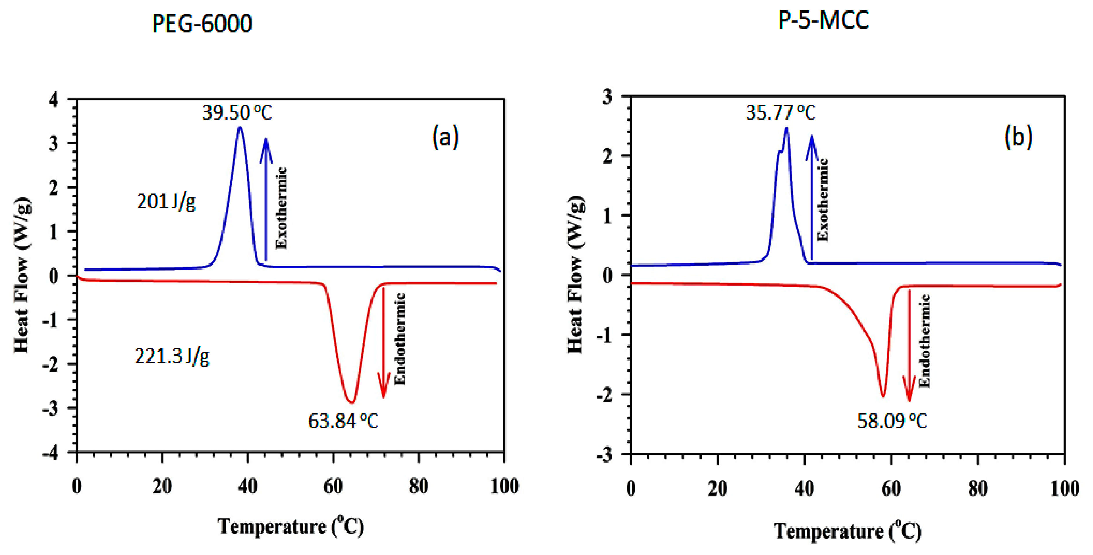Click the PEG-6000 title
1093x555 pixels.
[x=202, y=23]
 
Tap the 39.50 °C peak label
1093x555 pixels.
[x=237, y=112]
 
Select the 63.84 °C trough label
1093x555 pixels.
[x=343, y=421]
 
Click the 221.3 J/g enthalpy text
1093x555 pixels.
[x=172, y=356]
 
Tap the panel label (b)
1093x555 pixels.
[x=1018, y=137]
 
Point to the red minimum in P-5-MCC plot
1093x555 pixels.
[x=883, y=396]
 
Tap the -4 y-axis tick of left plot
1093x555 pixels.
[x=51, y=453]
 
